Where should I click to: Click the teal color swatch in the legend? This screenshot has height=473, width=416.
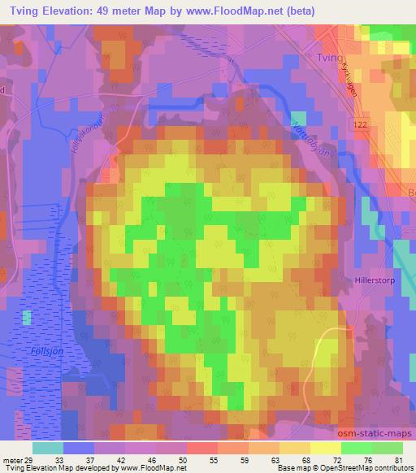(x=48, y=447)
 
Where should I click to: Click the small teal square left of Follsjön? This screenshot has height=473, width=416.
(x=28, y=318)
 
